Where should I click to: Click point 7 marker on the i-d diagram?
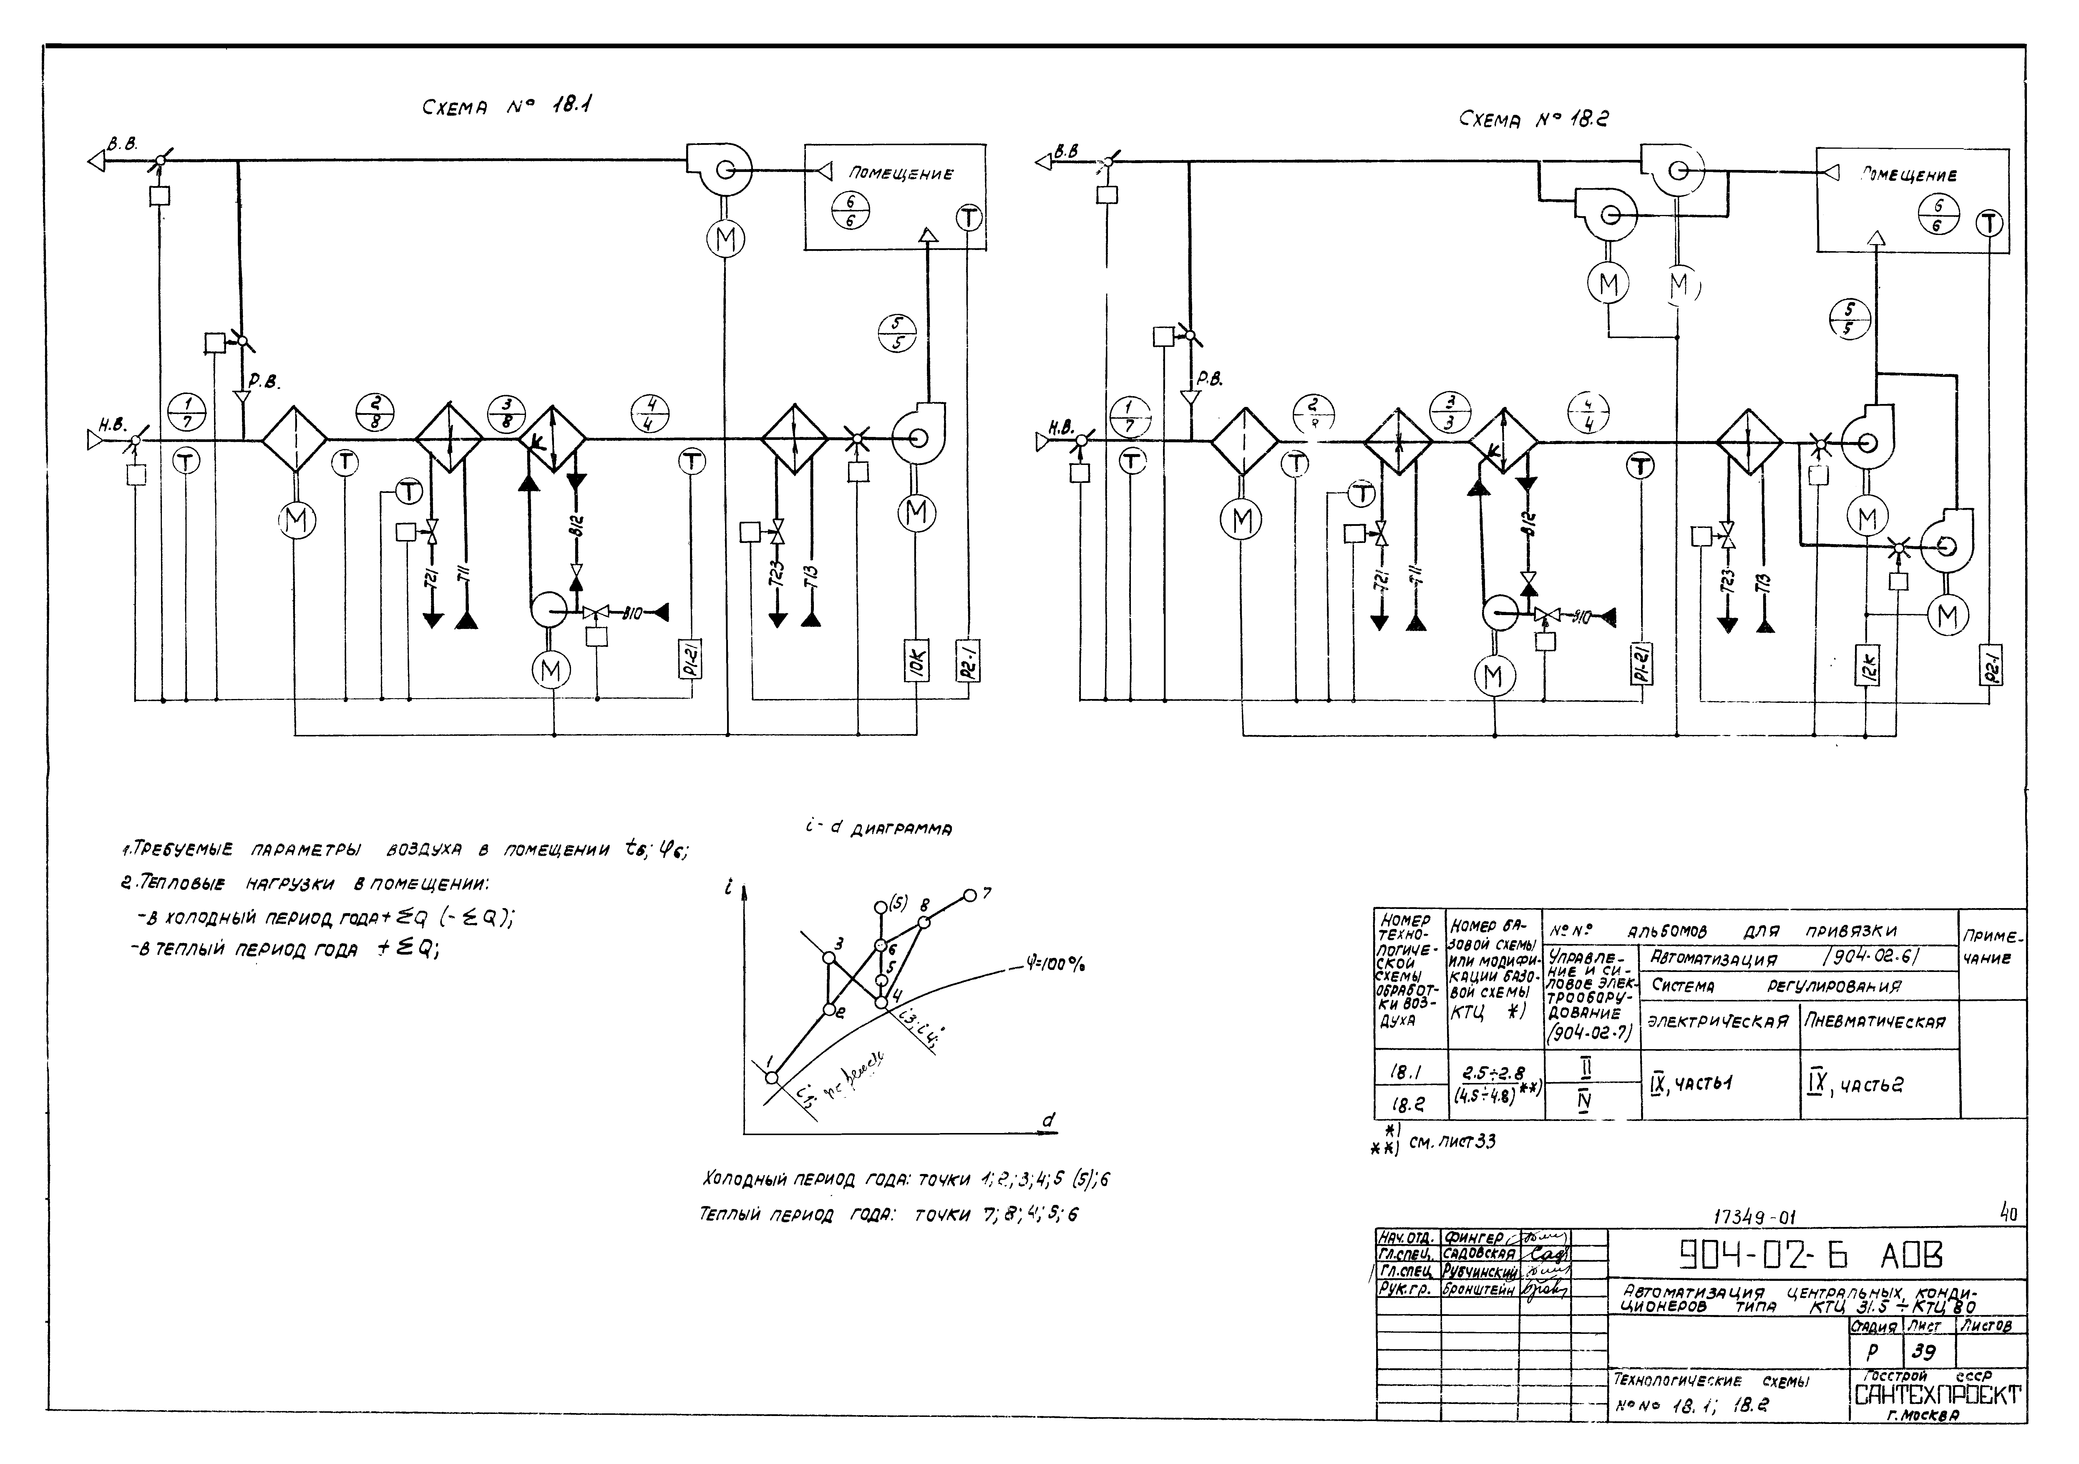(970, 895)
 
